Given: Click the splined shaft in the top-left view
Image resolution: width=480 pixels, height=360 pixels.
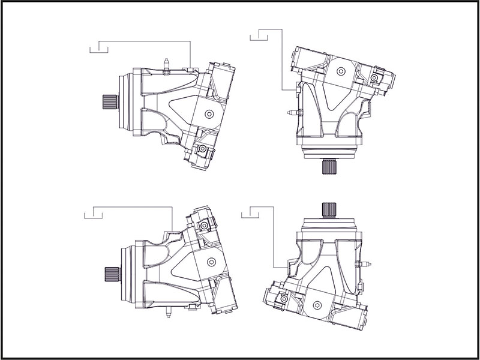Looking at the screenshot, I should (108, 103).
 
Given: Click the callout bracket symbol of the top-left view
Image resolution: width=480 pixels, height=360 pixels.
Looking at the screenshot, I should (98, 47).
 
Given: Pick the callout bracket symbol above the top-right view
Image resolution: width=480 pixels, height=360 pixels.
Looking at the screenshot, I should (258, 37).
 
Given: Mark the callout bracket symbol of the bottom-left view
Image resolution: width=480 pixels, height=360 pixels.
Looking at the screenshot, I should (92, 212).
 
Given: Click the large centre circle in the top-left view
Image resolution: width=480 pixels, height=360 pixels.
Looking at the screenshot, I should (209, 114).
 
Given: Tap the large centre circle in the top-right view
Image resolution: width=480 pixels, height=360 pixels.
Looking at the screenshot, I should (341, 71).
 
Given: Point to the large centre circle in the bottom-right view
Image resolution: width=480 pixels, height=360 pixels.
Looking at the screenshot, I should (316, 304).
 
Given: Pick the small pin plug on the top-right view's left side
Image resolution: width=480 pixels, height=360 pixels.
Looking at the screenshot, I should (291, 112).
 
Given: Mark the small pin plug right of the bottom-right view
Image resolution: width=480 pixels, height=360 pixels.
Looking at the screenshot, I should (364, 264).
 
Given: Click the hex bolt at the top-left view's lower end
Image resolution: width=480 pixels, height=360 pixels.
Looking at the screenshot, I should (203, 148).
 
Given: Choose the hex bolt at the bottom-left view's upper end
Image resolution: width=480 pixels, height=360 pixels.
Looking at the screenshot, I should (205, 226).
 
